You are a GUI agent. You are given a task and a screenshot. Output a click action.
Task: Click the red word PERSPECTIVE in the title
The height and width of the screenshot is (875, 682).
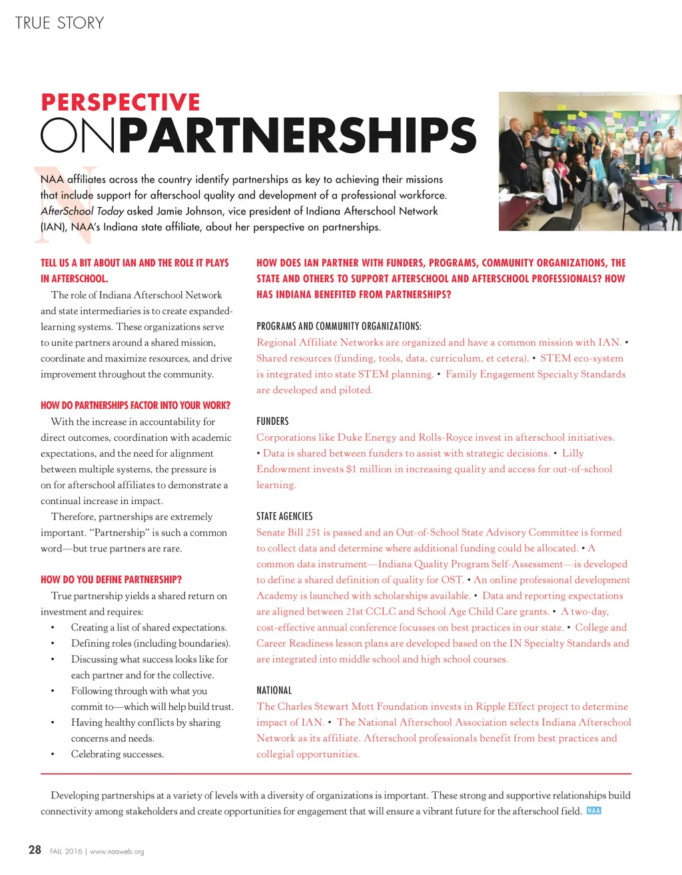[121, 102]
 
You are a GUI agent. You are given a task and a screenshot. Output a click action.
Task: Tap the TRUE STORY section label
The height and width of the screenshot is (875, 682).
[59, 23]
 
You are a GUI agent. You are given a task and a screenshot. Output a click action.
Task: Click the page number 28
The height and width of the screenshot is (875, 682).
[35, 850]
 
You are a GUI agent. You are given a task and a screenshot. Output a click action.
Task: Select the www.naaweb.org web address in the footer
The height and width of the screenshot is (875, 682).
[117, 852]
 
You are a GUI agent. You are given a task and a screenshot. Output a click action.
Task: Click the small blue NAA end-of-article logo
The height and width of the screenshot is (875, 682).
[593, 811]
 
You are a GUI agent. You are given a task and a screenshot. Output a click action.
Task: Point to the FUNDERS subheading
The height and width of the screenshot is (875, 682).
[272, 422]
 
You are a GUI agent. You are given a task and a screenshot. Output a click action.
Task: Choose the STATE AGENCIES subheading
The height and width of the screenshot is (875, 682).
[284, 516]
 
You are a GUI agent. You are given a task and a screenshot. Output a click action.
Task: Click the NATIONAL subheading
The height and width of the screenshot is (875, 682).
[274, 691]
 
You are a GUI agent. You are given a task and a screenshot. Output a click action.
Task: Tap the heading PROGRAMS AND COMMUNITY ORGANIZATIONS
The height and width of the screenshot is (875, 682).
[338, 326]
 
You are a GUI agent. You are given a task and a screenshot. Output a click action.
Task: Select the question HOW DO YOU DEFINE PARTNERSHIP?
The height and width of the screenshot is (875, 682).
[111, 579]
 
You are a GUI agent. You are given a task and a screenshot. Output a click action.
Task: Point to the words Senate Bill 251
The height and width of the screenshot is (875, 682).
[288, 532]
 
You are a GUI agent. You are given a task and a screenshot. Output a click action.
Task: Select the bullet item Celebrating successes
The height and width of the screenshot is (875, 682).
[117, 754]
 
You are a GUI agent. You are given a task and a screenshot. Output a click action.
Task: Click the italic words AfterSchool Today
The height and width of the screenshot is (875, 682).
[82, 211]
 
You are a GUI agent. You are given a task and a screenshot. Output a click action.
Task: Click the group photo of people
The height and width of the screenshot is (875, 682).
[590, 161]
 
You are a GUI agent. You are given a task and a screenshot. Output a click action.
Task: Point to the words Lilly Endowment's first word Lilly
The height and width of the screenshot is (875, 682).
[573, 453]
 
